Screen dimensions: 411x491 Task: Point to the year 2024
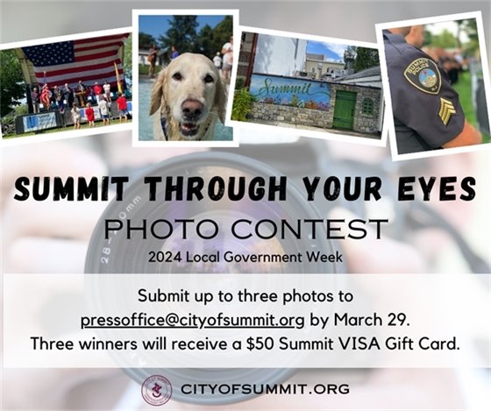(163, 257)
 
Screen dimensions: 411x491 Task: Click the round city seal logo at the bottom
(156, 389)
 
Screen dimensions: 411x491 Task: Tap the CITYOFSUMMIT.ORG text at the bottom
(265, 389)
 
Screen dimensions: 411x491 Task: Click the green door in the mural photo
(344, 109)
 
